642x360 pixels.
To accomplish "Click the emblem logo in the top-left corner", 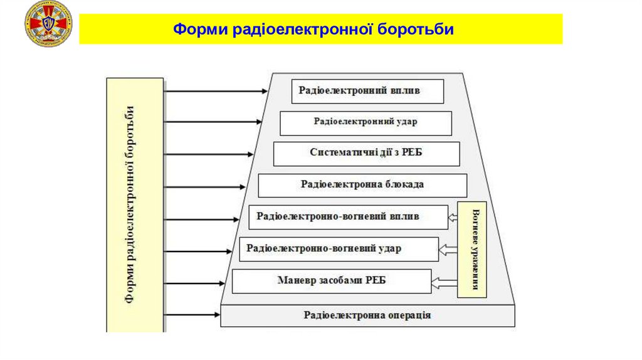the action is [x=48, y=24].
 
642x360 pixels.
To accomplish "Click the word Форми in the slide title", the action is [x=200, y=29].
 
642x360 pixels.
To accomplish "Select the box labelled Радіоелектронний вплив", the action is [x=367, y=91].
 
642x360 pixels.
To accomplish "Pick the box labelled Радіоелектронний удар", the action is [x=366, y=123].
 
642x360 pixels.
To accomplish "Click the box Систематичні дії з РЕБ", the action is [x=367, y=154].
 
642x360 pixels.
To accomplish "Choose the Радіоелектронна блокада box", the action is [x=362, y=186].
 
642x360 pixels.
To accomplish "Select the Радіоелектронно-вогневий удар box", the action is [x=339, y=249].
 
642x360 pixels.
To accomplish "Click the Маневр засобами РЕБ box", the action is [x=332, y=281].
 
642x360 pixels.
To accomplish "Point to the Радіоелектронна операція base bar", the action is [x=367, y=315].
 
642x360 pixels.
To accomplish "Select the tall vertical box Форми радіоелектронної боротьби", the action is [x=135, y=204].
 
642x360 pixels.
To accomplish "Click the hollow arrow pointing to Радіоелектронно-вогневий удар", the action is [x=448, y=250].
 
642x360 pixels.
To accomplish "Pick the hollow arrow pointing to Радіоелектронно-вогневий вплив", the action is [x=453, y=218].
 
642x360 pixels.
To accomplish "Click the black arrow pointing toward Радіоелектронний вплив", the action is [x=216, y=91].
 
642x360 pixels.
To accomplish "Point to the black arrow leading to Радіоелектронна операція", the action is [x=192, y=314].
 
